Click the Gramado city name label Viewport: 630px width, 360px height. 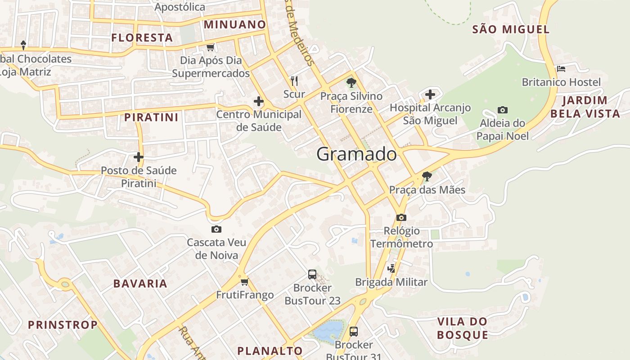point(356,154)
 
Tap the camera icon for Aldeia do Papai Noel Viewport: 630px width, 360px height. point(503,110)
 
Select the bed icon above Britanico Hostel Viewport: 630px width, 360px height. point(561,69)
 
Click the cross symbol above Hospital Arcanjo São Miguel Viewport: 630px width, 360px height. point(430,94)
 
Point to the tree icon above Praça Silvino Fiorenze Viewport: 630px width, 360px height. point(351,83)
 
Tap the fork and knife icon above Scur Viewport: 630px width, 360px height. point(294,81)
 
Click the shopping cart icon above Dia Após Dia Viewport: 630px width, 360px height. point(210,47)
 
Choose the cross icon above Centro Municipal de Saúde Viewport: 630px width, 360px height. point(259,101)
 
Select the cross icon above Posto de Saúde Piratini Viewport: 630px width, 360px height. point(139,157)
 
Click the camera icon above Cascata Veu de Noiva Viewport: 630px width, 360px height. point(216,229)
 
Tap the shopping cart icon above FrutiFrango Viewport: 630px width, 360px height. point(244,282)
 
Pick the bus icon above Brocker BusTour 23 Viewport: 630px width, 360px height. point(312,274)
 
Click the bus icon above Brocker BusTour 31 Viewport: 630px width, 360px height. point(354,332)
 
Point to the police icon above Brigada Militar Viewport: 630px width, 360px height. point(391,269)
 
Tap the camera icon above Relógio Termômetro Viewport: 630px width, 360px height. point(401,217)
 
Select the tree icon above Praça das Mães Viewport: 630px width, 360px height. point(427,176)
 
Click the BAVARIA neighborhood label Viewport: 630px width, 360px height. point(140,283)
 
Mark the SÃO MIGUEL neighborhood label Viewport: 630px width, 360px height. point(511,30)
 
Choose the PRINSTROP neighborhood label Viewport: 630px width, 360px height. point(63,324)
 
